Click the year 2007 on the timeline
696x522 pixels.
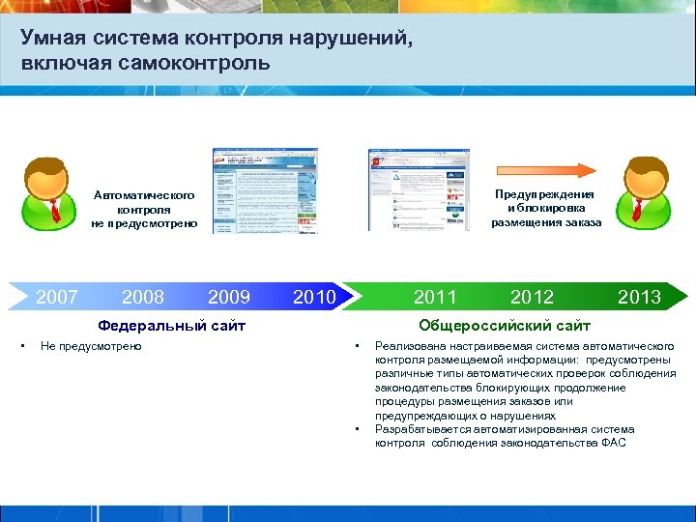tap(56, 297)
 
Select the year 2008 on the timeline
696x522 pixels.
tap(143, 297)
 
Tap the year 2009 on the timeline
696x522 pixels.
tap(229, 297)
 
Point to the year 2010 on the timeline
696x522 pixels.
tap(313, 297)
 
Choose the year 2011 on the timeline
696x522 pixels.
tap(435, 297)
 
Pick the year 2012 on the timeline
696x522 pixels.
tap(533, 297)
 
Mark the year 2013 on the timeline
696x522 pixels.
tap(639, 297)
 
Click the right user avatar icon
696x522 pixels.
tap(647, 191)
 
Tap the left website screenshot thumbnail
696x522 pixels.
tap(250, 190)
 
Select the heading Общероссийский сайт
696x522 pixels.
tap(504, 326)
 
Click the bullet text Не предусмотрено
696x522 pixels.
tap(91, 346)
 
